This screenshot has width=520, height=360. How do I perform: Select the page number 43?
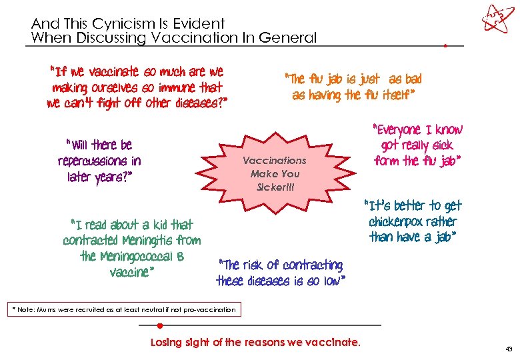tap(509, 348)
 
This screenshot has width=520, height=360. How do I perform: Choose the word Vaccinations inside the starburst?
tap(274, 161)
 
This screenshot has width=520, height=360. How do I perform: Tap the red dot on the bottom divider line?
tap(160, 325)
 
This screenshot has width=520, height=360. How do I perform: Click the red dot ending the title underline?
tap(445, 46)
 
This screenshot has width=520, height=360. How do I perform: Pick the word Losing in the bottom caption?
tap(167, 343)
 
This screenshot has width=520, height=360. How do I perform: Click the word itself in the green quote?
tap(399, 95)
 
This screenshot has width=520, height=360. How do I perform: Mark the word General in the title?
tap(290, 38)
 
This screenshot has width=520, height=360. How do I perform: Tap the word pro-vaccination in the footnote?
tap(208, 309)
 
